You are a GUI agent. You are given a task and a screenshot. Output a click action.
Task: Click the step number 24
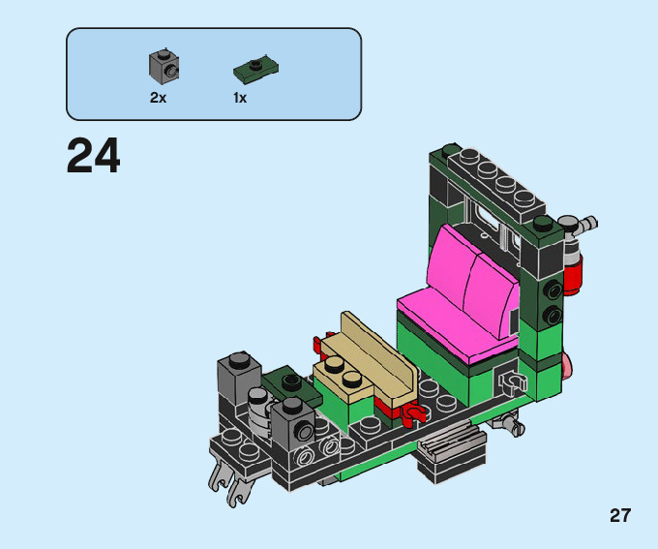tap(93, 156)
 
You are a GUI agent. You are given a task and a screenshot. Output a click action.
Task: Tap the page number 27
tap(620, 515)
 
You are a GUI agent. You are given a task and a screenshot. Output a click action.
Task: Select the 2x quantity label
tap(158, 98)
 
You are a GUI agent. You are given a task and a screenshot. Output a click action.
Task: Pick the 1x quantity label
tap(240, 98)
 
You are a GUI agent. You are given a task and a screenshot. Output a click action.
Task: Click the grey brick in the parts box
tap(164, 67)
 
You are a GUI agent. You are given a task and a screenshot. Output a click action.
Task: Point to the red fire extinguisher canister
tap(572, 275)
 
